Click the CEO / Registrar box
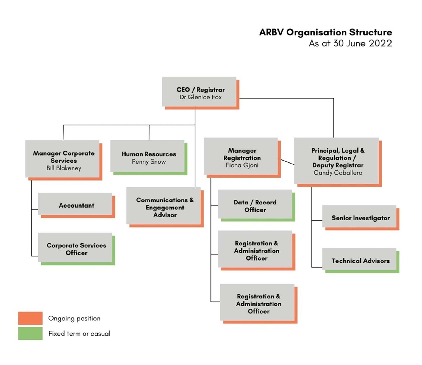point(200,93)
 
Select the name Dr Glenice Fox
point(201,97)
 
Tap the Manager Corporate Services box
point(64,160)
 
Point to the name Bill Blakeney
point(64,168)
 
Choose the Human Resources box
point(149,157)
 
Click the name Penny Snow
point(149,162)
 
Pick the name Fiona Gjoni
point(242,165)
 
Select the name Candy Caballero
point(338,173)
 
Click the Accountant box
point(77,205)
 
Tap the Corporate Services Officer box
point(77,249)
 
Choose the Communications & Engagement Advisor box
point(165,207)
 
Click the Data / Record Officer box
point(256,206)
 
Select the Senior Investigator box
point(361,218)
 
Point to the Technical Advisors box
point(361,261)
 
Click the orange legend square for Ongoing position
point(30,318)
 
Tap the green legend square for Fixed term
point(30,334)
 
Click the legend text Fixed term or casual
point(79,334)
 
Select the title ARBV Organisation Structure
point(326,32)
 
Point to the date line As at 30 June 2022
point(350,43)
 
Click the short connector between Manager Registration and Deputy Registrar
point(287,162)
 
